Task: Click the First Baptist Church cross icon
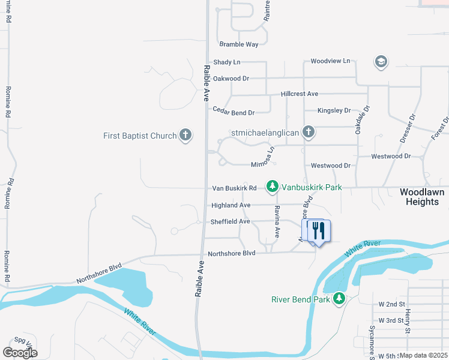[185, 136]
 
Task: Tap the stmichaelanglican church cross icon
[309, 132]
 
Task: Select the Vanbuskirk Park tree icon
[273, 187]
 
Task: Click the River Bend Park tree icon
[339, 298]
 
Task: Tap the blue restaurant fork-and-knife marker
[319, 230]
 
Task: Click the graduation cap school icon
[381, 61]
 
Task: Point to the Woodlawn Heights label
[423, 197]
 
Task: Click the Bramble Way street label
[238, 44]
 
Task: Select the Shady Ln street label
[226, 62]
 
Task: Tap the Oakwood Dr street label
[231, 79]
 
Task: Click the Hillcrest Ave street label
[299, 94]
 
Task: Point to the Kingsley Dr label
[334, 110]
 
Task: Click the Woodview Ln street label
[330, 61]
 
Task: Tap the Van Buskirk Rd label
[234, 188]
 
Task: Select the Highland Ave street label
[231, 205]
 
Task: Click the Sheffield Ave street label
[230, 221]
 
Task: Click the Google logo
[20, 353]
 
